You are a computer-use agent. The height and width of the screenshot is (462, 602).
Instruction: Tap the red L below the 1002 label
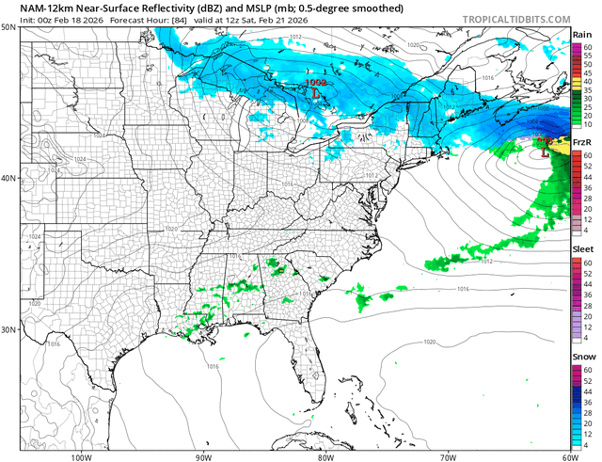point(316,94)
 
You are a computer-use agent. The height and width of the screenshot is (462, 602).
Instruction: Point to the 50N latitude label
point(9,28)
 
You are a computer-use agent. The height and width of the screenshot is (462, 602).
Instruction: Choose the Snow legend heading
point(583,358)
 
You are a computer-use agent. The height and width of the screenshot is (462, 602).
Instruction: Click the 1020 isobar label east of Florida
point(430,342)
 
